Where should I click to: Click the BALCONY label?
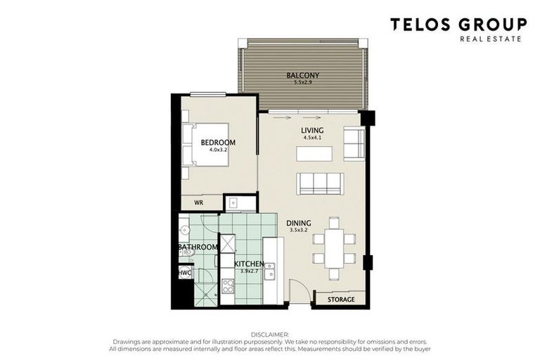302,75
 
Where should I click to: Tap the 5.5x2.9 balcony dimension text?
302,83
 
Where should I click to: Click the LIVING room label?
312,131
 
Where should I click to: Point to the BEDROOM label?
218,143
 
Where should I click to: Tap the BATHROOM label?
198,247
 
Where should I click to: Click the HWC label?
184,272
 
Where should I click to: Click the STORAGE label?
341,300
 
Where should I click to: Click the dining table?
334,247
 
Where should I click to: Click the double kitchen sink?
269,271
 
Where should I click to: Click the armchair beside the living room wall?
354,143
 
